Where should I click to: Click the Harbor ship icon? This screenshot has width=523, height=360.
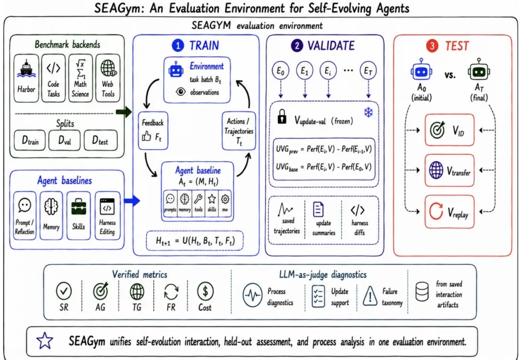26,69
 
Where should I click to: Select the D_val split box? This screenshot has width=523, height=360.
65,140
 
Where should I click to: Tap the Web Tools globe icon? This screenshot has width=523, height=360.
108,69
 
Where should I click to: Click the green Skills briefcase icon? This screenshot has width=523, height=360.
79,206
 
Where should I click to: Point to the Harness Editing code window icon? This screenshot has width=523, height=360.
107,206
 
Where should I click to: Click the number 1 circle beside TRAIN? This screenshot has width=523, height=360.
178,45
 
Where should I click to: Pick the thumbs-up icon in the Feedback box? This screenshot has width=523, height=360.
146,136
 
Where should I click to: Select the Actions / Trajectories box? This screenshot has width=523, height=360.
239,131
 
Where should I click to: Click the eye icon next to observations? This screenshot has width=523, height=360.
181,91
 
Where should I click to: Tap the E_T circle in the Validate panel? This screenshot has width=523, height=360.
368,71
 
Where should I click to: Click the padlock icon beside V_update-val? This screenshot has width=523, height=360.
282,117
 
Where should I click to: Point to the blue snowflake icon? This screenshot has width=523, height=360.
368,113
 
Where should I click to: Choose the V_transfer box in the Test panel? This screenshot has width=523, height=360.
449,170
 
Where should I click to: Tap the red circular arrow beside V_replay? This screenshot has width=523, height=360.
436,211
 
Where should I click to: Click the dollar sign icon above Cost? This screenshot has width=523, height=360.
205,291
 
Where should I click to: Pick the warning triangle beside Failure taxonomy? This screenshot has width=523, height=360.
369,296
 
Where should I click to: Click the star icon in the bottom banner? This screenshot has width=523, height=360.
45,341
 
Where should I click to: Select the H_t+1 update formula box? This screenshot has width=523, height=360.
195,240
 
